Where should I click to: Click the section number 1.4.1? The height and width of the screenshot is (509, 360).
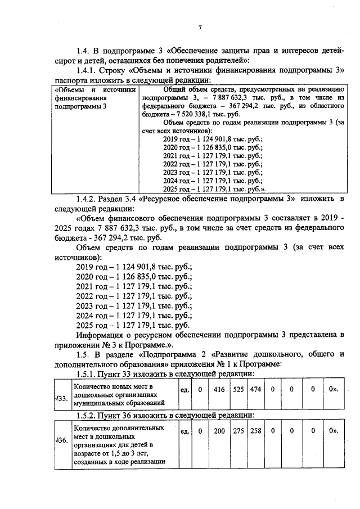point(88,70)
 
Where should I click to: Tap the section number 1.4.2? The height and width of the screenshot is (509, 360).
point(88,199)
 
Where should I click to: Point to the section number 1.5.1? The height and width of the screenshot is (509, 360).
point(88,373)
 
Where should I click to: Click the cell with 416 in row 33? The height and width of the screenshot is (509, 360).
point(220,390)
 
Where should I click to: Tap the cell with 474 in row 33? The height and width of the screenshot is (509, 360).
point(256,390)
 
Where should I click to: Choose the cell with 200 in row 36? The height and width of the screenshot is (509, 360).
point(220,431)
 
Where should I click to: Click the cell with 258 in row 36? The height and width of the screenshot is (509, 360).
point(256,431)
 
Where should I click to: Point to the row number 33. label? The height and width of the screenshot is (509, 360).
point(61,399)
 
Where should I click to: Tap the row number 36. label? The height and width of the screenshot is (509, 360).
point(61,440)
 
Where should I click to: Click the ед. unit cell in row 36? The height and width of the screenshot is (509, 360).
point(184,431)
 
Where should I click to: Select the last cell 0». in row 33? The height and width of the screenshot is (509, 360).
point(333,390)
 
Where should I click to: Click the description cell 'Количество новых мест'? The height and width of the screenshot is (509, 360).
point(120,395)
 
